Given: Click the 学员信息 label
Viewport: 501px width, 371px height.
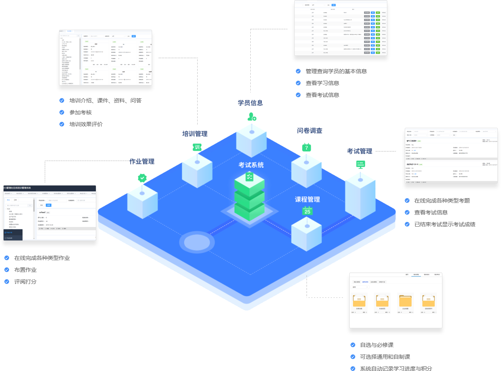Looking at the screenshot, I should pos(250,103).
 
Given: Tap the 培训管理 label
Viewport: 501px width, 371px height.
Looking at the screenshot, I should pos(195,134).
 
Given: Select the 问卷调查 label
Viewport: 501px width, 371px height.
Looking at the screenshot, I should pos(310,131).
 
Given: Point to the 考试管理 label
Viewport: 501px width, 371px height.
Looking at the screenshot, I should pos(360,151).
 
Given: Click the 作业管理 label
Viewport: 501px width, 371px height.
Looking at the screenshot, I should pos(142,161).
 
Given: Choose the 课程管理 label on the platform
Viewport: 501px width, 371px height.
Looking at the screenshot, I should pos(307,199).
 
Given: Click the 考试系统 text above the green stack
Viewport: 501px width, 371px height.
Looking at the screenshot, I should pos(251,165).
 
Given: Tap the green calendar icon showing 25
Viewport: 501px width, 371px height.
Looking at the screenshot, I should pos(307,211).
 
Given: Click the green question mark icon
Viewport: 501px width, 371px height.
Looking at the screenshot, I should pos(306,148).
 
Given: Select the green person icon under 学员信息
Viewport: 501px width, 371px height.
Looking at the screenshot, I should pos(251,117).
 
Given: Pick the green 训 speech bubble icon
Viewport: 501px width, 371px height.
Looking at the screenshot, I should pos(197,147).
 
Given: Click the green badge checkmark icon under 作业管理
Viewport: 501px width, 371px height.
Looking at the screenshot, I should pos(142,178).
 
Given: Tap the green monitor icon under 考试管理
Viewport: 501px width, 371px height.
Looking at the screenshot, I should pos(360,164).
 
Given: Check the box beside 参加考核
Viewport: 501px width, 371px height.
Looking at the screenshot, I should pos(62,112).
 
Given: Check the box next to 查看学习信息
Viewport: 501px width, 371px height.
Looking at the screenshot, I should pos(298,83).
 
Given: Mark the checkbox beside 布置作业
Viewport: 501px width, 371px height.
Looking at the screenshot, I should pos(7,270).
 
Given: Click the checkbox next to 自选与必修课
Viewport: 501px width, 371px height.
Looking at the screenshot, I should pos(353,345).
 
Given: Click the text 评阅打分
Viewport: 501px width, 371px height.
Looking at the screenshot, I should pos(25,282).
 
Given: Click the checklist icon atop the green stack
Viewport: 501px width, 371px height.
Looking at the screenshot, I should pos(250,177).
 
